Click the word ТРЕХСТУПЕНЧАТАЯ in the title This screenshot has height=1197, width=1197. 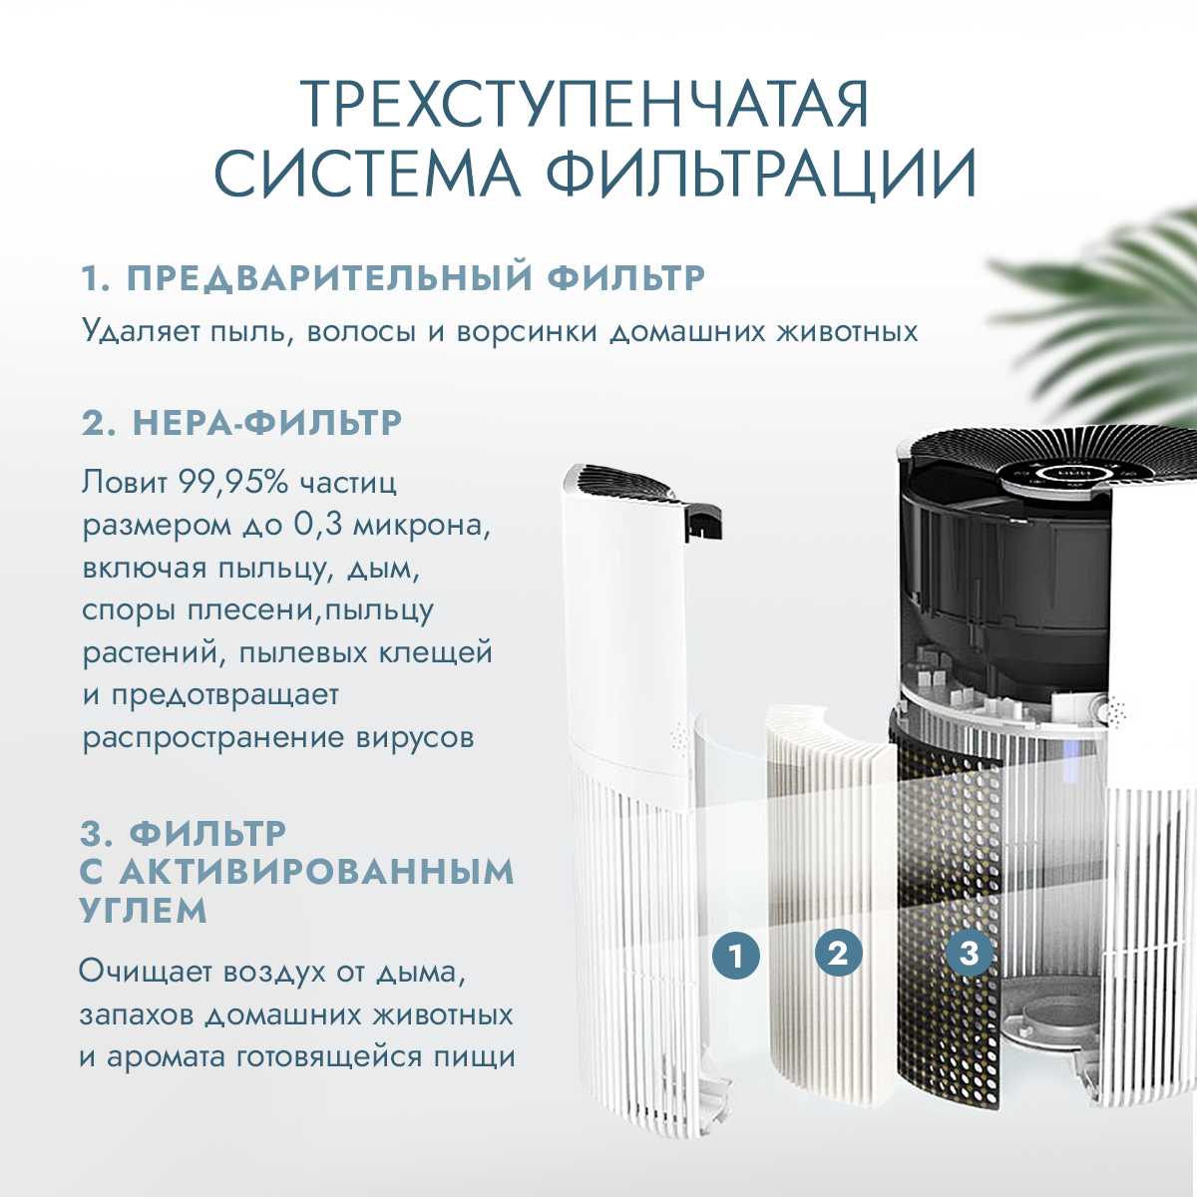click(585, 103)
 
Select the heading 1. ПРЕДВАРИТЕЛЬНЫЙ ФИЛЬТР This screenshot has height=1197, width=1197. click(393, 278)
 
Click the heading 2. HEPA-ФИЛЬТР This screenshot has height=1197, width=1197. click(241, 422)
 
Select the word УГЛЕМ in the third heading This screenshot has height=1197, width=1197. click(144, 911)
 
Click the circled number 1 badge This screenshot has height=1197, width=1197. click(736, 957)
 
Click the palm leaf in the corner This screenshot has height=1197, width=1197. click(1107, 299)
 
